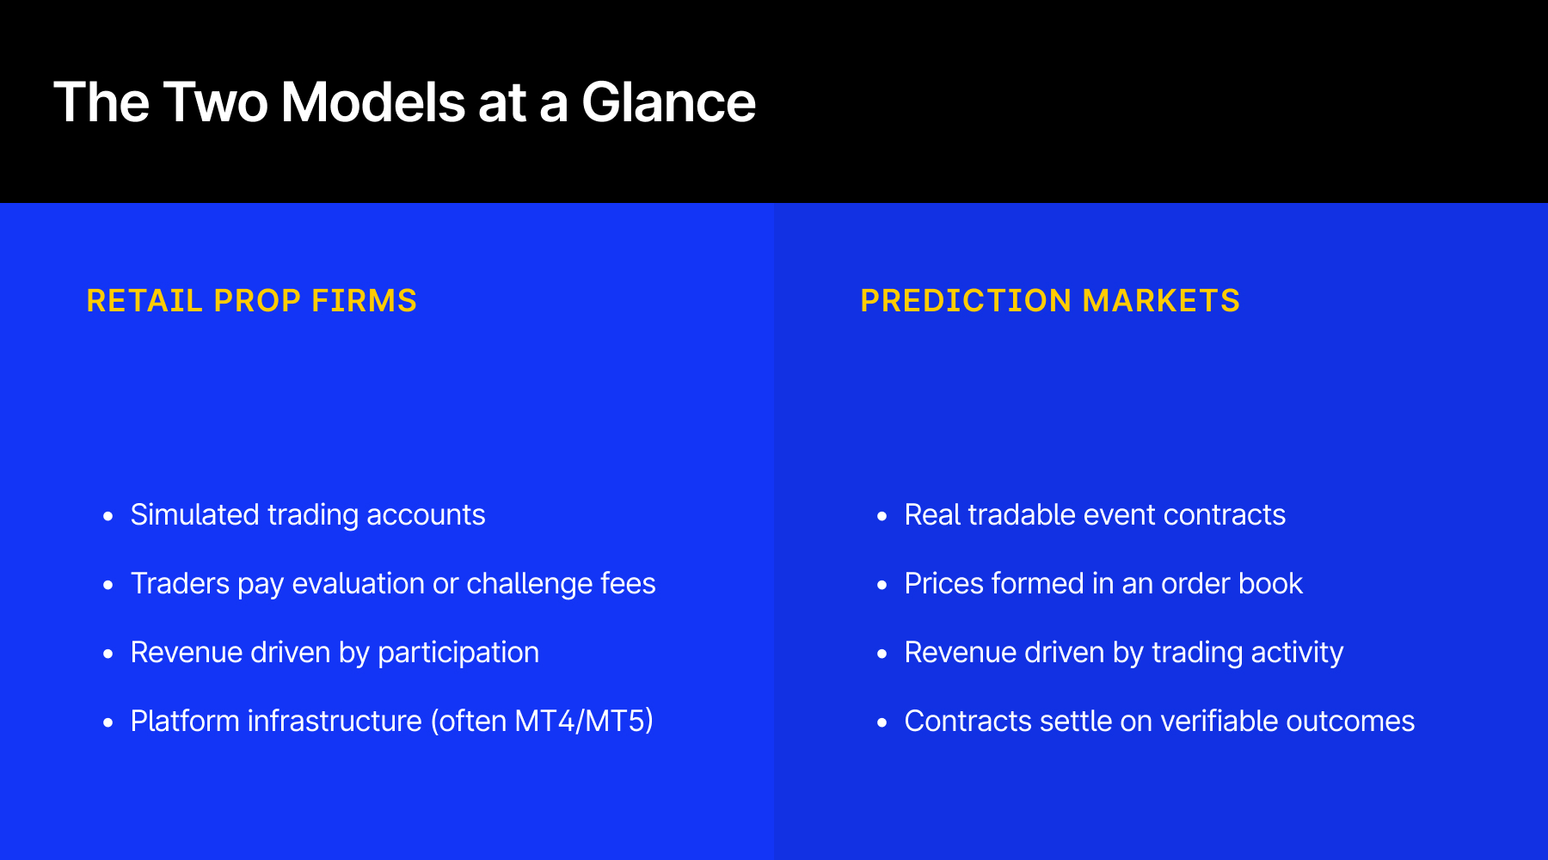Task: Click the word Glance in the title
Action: (x=668, y=102)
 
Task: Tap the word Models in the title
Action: (x=373, y=102)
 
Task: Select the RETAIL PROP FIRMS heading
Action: (x=251, y=301)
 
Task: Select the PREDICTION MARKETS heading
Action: (x=1049, y=301)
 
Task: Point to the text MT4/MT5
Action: (x=583, y=721)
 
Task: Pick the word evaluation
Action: (x=358, y=583)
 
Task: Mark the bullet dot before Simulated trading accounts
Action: (x=107, y=516)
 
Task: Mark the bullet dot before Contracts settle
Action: (x=881, y=722)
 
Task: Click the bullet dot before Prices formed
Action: (x=881, y=585)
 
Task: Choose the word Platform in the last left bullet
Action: (x=185, y=721)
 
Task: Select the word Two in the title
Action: (x=215, y=102)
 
